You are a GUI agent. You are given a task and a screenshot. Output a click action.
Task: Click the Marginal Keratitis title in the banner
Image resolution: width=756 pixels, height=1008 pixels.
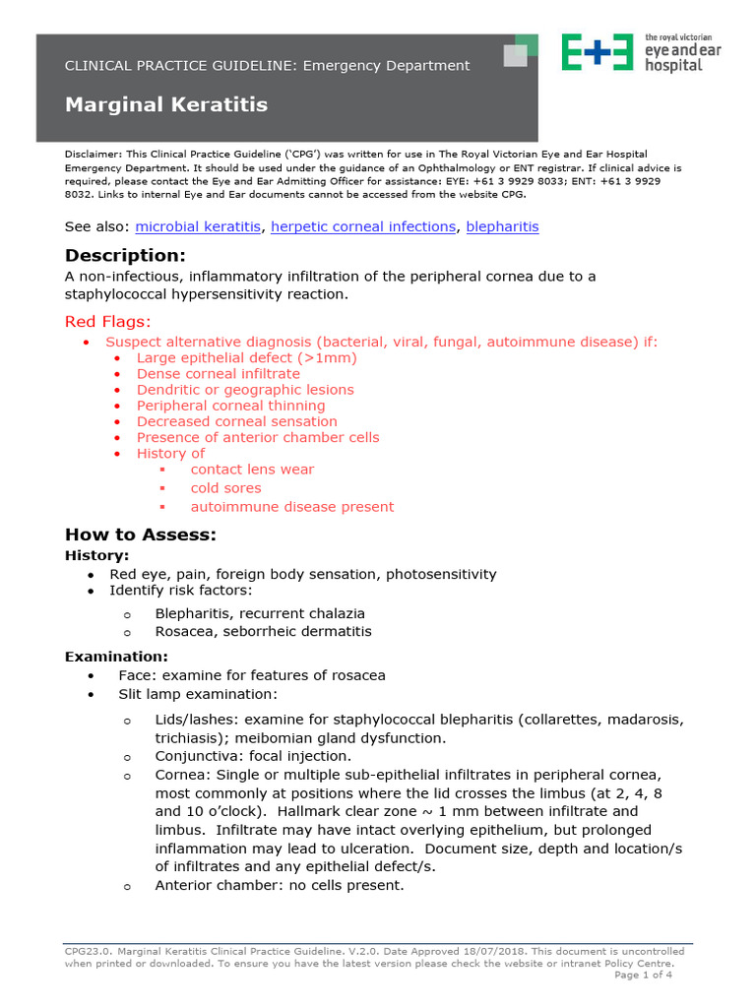point(165,104)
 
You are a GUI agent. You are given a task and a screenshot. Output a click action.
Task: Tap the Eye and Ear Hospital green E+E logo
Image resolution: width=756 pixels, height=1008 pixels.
point(598,51)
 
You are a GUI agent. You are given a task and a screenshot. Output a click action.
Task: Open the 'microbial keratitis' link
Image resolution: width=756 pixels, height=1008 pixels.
point(198,226)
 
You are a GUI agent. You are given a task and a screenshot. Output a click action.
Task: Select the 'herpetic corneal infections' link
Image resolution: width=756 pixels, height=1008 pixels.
point(363,226)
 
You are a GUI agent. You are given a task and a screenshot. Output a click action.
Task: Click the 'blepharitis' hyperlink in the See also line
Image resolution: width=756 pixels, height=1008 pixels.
point(502,226)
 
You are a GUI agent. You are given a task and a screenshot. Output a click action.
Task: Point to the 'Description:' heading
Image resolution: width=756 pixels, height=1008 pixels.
point(125,256)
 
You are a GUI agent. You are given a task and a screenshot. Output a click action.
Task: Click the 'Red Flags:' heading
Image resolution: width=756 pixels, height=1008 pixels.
point(108,321)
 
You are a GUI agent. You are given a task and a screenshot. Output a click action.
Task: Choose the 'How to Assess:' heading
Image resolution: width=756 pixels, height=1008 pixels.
point(140,535)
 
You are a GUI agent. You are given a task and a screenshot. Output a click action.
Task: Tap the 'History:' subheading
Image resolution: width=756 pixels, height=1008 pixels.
point(96,556)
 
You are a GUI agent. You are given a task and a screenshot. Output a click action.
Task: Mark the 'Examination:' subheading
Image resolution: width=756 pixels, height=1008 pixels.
point(116,657)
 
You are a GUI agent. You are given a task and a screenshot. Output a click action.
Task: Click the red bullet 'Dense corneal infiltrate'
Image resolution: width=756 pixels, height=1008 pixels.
point(219,374)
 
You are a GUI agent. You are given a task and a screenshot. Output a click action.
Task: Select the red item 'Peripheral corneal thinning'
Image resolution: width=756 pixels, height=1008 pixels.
point(230,406)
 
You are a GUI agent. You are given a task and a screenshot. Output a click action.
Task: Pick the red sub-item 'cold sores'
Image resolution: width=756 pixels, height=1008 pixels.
point(226,488)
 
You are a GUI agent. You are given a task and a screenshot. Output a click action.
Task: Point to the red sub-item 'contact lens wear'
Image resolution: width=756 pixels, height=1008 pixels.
point(252,470)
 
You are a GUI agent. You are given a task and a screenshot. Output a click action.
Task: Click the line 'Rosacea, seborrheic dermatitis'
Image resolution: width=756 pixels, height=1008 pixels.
point(263,631)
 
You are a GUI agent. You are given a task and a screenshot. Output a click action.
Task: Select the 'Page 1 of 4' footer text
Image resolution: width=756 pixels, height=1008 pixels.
point(644,976)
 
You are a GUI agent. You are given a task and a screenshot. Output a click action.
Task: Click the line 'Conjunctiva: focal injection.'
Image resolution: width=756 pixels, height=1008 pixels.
point(252,756)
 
